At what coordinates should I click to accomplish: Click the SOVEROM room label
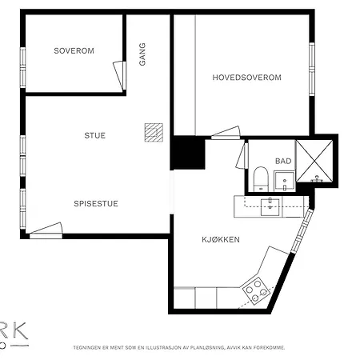click(74, 50)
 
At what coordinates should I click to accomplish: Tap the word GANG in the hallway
click(142, 54)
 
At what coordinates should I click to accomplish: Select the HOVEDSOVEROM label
click(247, 77)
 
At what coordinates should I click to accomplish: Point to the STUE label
click(94, 135)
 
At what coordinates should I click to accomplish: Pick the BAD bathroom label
click(283, 161)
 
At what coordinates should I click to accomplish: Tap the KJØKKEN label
click(220, 239)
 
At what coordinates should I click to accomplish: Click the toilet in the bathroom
click(260, 180)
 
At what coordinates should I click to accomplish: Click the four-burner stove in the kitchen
click(256, 290)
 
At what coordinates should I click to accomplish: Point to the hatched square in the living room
click(152, 132)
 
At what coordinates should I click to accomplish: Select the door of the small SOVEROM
click(121, 78)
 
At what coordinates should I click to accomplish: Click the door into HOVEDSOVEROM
click(225, 131)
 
